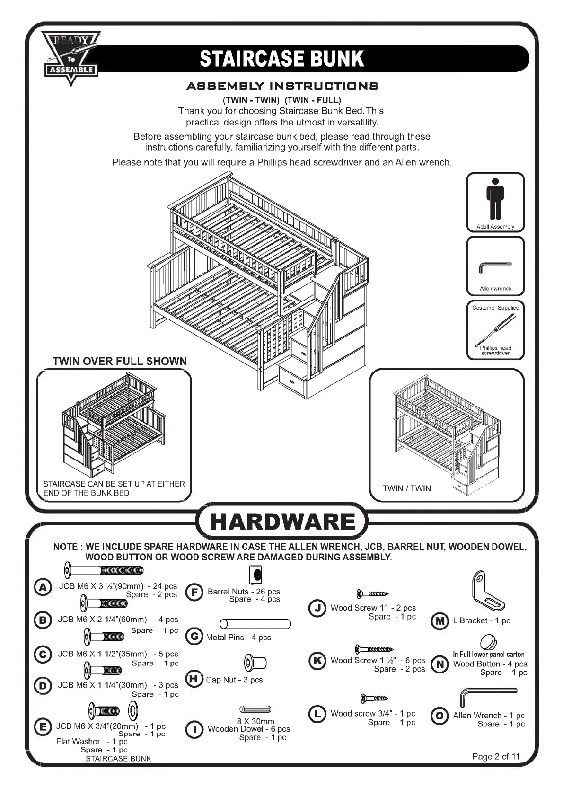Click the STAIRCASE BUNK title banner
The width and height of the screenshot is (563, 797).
click(x=282, y=59)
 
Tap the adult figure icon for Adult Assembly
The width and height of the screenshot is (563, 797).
click(x=495, y=199)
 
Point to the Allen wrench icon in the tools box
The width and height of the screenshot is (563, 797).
click(x=495, y=267)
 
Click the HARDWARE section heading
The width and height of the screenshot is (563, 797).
click(x=282, y=522)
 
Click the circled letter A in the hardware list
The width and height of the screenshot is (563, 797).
click(x=43, y=587)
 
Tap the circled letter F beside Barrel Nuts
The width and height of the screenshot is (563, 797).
click(x=194, y=592)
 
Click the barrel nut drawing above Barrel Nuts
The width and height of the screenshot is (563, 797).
click(x=256, y=575)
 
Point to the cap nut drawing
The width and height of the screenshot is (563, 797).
click(x=255, y=662)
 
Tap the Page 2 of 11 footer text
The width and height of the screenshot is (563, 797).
click(x=495, y=756)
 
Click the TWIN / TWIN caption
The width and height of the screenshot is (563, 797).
click(x=406, y=488)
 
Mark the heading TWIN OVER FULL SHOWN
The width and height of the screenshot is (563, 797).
click(x=120, y=361)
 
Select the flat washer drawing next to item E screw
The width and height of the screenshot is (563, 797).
click(x=133, y=710)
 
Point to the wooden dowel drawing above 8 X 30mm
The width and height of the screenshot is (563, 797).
click(x=255, y=709)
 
